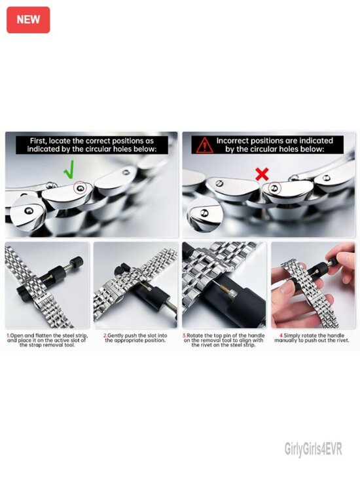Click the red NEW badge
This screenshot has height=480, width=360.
[28, 20]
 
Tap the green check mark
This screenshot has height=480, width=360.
[69, 170]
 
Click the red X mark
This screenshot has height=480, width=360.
[262, 174]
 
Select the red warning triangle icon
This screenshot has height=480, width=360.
[205, 145]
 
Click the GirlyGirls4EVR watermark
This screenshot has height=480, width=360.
[314, 449]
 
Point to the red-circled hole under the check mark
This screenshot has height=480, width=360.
[80, 188]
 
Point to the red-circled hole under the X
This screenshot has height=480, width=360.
[274, 188]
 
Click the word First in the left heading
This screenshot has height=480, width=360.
[38, 141]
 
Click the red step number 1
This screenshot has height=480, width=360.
[9, 335]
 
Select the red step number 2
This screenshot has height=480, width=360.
[105, 335]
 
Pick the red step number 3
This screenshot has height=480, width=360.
[185, 335]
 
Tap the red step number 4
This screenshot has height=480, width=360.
[281, 335]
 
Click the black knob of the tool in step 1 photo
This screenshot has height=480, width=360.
[77, 263]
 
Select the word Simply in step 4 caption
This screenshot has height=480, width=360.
[291, 336]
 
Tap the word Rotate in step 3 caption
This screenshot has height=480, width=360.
[196, 335]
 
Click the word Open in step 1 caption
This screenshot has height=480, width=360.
[17, 336]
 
